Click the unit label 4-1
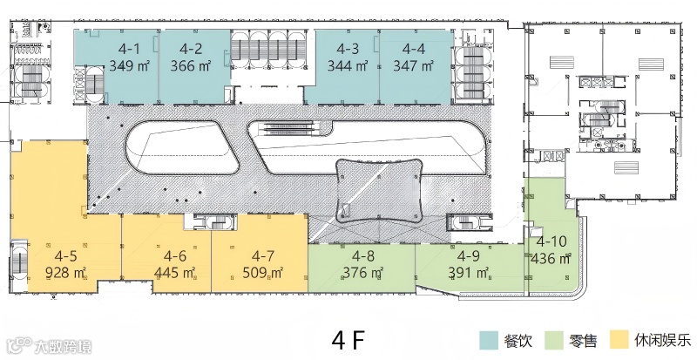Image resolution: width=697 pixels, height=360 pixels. click(127, 49)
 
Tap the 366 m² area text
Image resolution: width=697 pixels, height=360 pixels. click(191, 66)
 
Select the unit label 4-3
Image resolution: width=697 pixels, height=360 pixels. click(347, 49)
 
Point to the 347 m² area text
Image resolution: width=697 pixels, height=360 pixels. click(413, 66)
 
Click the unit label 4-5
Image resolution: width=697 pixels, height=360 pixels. click(65, 256)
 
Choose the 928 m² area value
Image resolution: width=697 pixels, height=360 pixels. click(65, 272)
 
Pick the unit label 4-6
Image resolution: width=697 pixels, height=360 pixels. click(175, 256)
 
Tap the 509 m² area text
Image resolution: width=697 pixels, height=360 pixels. click(263, 272)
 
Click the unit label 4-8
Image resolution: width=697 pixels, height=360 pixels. click(363, 256)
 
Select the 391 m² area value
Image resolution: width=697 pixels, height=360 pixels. click(469, 272)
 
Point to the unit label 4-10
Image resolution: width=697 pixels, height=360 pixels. click(552, 241)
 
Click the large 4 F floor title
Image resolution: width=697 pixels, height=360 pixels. click(348, 341)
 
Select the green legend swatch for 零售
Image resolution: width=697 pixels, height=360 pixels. click(554, 341)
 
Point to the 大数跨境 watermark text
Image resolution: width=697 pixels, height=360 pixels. click(62, 346)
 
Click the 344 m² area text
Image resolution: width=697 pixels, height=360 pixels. click(347, 66)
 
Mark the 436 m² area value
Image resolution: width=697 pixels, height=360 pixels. click(551, 258)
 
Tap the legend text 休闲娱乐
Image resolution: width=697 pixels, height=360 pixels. click(663, 341)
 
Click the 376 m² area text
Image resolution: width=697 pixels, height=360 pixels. click(363, 272)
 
